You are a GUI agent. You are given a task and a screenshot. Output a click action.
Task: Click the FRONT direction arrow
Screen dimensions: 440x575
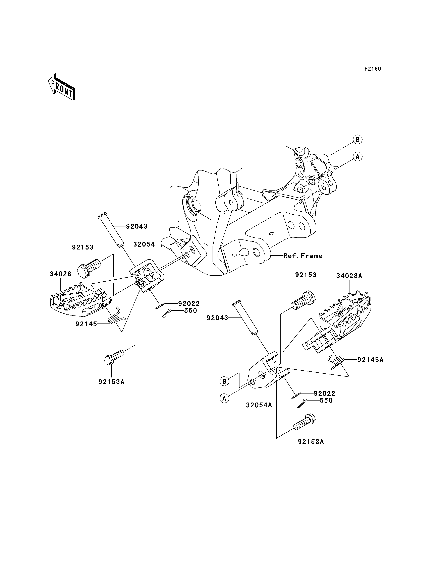[62, 87]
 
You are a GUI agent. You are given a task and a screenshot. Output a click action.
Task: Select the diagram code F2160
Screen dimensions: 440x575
[373, 69]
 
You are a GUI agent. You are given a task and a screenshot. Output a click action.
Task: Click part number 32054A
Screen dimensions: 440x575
[259, 405]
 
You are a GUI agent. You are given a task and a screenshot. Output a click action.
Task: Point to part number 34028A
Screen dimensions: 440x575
[349, 276]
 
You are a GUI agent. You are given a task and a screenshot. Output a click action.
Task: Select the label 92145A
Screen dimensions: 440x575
[371, 360]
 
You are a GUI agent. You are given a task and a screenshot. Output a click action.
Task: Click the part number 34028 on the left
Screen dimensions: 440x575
[60, 274]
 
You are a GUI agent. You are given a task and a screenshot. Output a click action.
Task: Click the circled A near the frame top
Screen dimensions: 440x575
[357, 157]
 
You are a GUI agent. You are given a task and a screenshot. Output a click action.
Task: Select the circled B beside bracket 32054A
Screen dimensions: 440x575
[224, 381]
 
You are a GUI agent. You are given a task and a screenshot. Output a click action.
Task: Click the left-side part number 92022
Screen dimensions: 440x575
[189, 304]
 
